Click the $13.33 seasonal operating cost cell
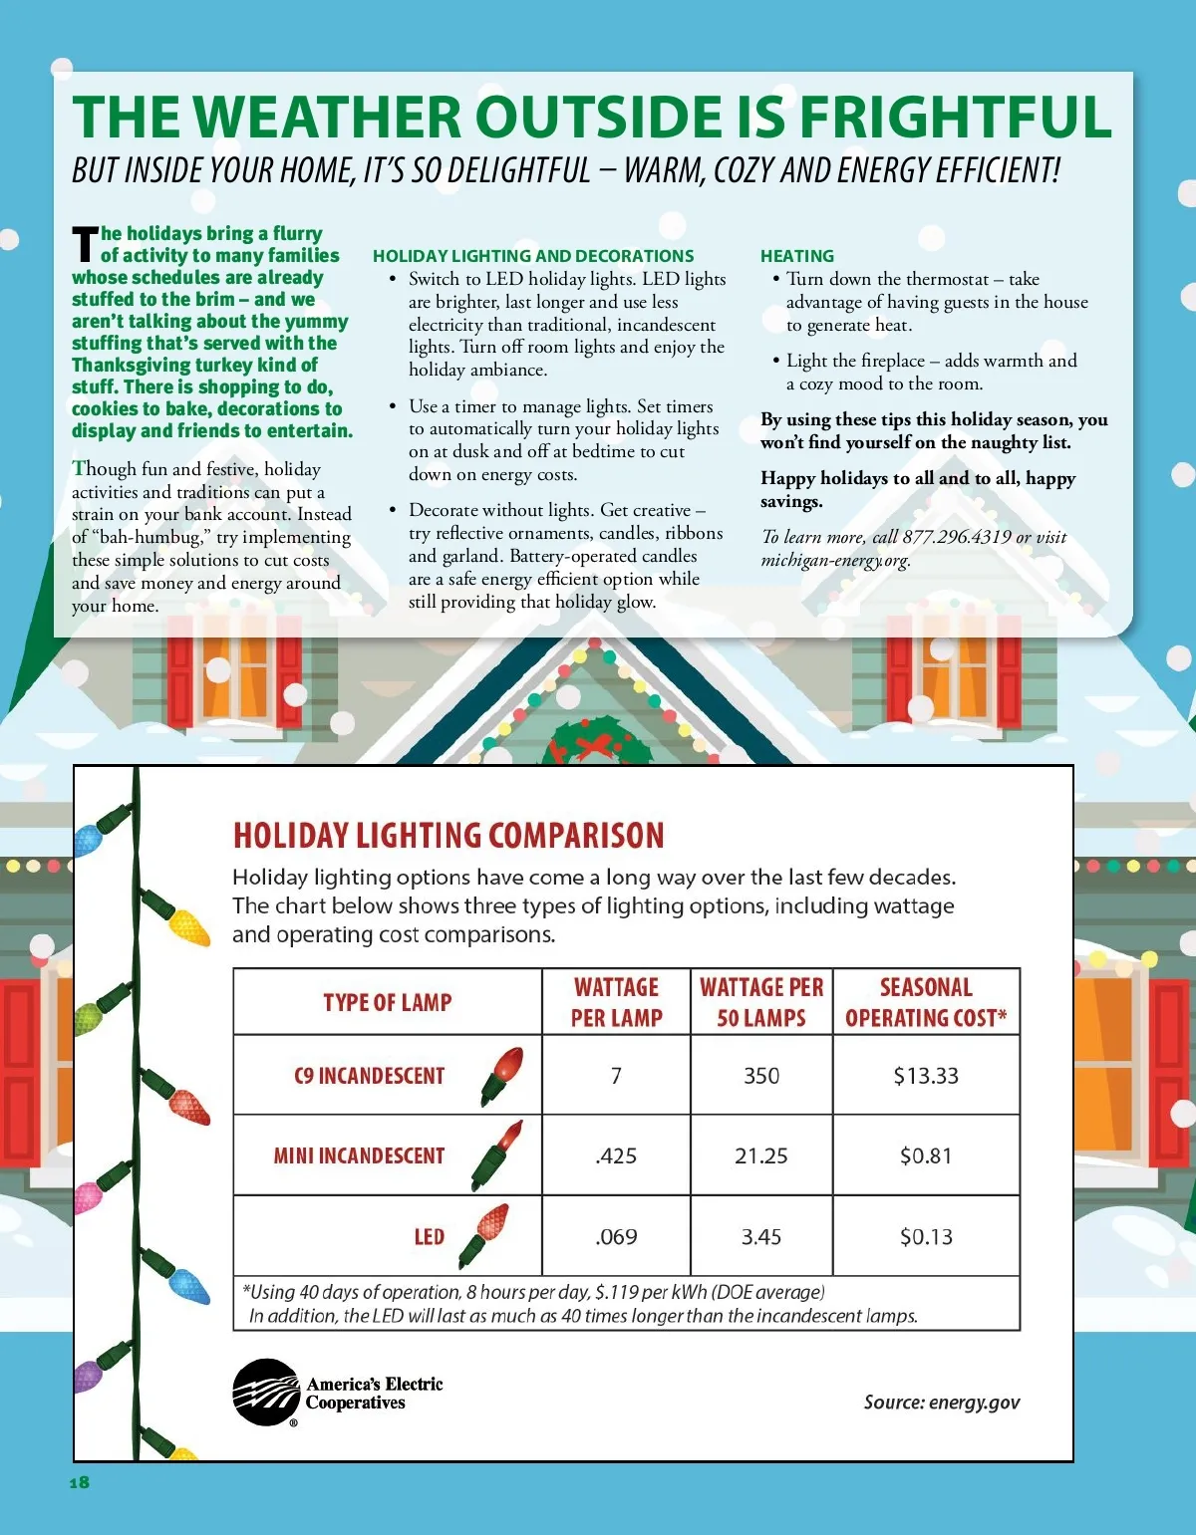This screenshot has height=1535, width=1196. (926, 1076)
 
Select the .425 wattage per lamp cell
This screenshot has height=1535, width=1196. (616, 1156)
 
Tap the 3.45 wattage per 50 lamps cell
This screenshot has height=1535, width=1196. (760, 1237)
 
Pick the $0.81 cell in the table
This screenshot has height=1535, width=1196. (926, 1156)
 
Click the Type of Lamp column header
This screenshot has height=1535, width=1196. (387, 1002)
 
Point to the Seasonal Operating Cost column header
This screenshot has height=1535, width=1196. (926, 1002)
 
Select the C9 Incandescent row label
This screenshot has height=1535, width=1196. (369, 1076)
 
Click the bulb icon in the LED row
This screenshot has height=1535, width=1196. (484, 1235)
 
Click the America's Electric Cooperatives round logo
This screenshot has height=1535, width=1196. (266, 1392)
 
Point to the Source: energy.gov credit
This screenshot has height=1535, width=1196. (942, 1403)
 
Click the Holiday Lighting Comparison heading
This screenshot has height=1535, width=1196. (448, 835)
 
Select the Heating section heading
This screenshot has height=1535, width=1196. (797, 256)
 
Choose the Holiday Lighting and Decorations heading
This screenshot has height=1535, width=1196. (533, 256)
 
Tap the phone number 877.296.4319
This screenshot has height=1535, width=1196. (957, 537)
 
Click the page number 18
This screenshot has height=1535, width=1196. (80, 1482)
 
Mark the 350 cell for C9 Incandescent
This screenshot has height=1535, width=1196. (760, 1076)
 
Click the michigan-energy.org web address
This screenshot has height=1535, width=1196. (835, 560)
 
